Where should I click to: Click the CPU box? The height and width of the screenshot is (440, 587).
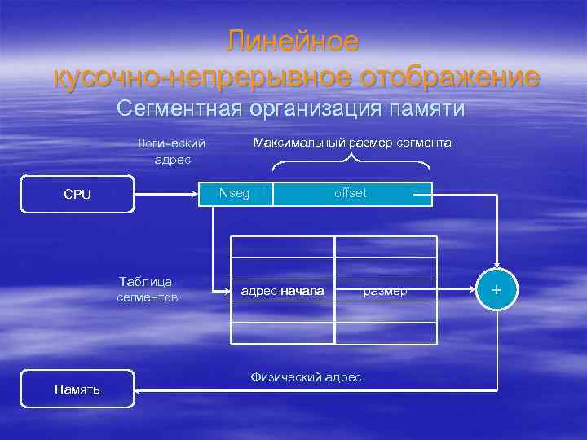tap(77, 195)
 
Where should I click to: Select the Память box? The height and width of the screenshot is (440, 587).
tap(77, 389)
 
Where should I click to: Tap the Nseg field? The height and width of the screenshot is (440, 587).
tap(235, 193)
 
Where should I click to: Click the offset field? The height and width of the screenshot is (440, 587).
tap(351, 193)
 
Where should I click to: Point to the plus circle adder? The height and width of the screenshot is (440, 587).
tap(497, 290)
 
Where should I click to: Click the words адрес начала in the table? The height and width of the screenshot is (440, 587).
tap(283, 291)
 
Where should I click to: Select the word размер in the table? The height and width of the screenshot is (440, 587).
tap(386, 291)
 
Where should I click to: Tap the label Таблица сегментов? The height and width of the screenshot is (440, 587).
tap(147, 289)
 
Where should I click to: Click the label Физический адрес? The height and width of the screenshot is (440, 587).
tap(306, 377)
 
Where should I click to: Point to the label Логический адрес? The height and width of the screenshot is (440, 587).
tap(171, 151)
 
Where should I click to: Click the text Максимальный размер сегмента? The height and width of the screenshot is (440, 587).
tap(352, 143)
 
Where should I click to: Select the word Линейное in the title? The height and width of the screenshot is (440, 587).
tap(293, 41)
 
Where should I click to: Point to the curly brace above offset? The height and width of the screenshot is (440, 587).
tap(351, 164)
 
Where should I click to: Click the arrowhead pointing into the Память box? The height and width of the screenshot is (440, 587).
tap(139, 389)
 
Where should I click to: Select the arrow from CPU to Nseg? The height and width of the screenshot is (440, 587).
tap(166, 194)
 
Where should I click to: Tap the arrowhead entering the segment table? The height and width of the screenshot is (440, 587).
tap(227, 290)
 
